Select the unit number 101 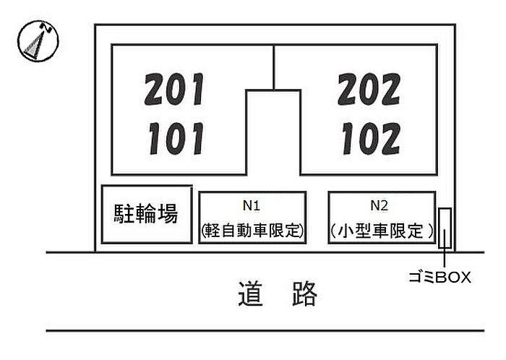[175, 138]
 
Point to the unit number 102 [369, 138]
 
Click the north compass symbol [38, 41]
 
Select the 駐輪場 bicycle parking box [147, 214]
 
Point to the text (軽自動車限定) [252, 231]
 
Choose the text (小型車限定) [381, 231]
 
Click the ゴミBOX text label [439, 277]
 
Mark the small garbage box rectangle [445, 228]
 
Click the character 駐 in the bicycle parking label [125, 214]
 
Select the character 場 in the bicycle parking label [168, 214]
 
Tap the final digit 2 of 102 [390, 138]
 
